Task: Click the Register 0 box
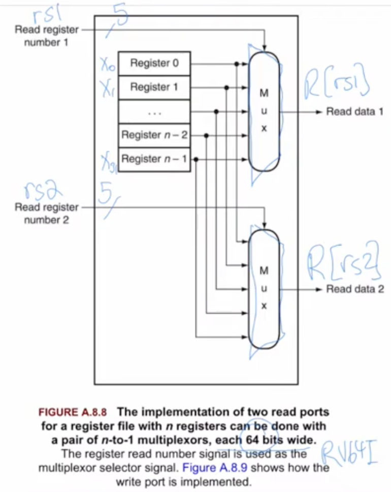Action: [154, 63]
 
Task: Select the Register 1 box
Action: [154, 87]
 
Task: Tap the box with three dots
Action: [154, 111]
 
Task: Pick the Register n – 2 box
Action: [154, 135]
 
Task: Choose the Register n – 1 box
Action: [154, 159]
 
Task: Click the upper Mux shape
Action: [264, 111]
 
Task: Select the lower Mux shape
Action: [264, 289]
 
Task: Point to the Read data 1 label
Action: [354, 111]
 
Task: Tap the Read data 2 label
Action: [354, 289]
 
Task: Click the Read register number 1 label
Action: [46, 36]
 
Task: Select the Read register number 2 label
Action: [46, 213]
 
